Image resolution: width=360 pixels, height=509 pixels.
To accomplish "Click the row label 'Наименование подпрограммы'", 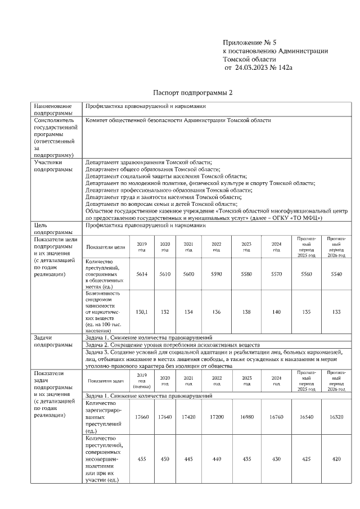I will pyautogui.click(x=53, y=109).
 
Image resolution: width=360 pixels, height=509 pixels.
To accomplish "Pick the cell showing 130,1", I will pyautogui.click(x=142, y=312).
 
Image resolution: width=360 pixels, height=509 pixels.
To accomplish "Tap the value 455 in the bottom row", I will pyautogui.click(x=142, y=459).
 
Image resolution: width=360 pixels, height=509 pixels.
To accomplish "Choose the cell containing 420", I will pyautogui.click(x=336, y=459).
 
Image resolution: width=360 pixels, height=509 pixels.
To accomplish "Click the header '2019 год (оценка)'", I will pyautogui.click(x=142, y=381).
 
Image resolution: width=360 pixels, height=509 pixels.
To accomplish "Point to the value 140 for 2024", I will pyautogui.click(x=276, y=312).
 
